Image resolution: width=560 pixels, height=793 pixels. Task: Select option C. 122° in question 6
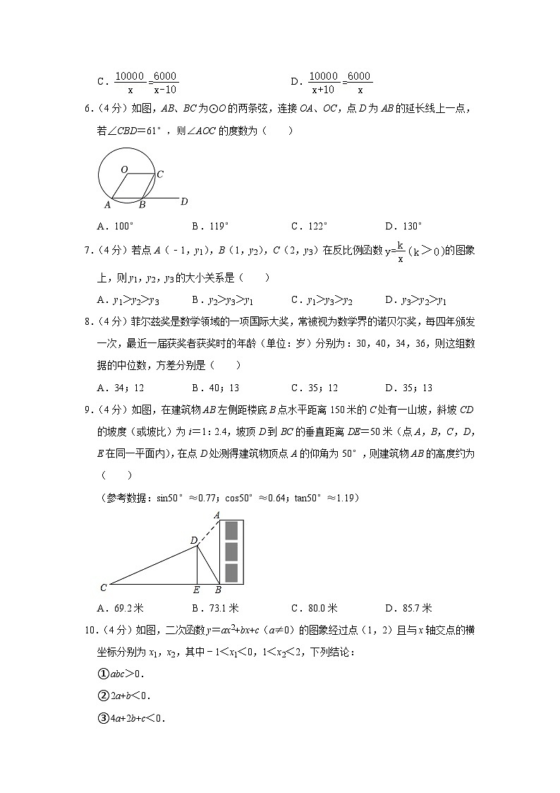pos(310,226)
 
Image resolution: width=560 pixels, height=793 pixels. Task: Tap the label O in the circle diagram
pos(123,169)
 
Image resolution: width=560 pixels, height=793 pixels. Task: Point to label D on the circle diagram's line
pos(183,202)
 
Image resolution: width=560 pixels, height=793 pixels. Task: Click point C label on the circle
pos(161,174)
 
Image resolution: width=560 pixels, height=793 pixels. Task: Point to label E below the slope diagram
pos(196,590)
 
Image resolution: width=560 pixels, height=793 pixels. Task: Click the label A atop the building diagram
pos(217,515)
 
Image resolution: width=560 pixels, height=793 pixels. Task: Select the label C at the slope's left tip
pos(104,588)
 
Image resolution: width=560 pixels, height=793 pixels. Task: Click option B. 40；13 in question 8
pos(215,388)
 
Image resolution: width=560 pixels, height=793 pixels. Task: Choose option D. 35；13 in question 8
pos(409,388)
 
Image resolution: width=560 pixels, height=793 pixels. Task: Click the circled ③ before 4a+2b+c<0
pos(102,719)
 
